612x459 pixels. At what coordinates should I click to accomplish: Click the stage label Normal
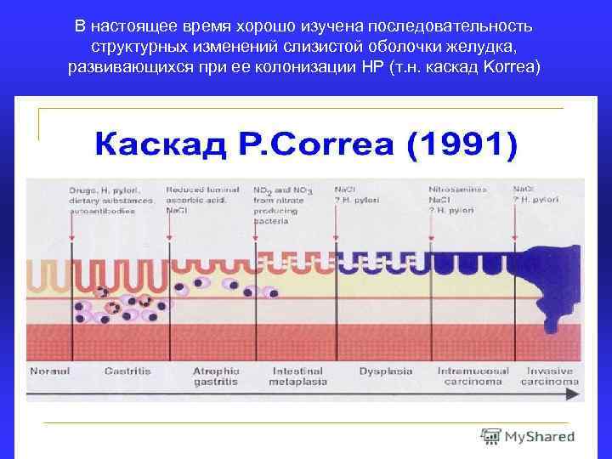[49, 371]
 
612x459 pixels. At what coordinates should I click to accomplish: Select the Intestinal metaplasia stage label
[297, 377]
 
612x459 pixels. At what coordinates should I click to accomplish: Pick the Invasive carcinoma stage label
[548, 377]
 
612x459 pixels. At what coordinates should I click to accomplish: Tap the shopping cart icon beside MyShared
[490, 436]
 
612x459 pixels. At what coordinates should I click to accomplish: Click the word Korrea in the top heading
[507, 67]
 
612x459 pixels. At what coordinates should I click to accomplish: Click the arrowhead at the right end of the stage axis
[575, 394]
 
